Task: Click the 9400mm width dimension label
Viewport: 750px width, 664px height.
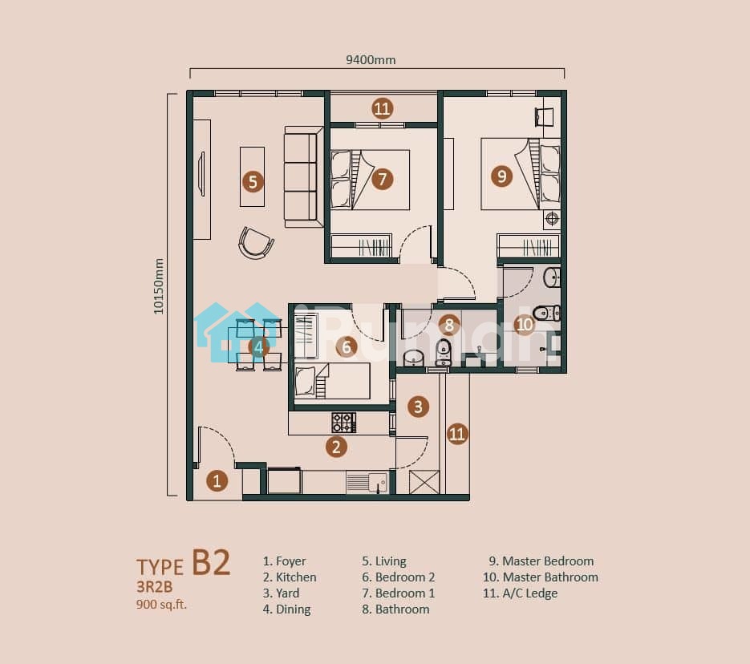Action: (x=371, y=60)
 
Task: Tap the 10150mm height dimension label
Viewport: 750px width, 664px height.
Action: (x=158, y=286)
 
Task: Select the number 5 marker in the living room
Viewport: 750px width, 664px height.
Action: (x=253, y=182)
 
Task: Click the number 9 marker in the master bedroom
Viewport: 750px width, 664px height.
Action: (x=501, y=176)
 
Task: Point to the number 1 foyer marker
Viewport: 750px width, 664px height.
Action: (x=217, y=481)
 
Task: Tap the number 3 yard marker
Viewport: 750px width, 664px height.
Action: (x=418, y=407)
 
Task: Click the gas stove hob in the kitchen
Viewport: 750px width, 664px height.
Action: (x=343, y=423)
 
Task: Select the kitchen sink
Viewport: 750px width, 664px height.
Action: (x=367, y=483)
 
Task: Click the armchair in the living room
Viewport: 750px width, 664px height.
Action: (x=256, y=243)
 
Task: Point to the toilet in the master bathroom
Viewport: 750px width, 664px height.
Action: (x=547, y=314)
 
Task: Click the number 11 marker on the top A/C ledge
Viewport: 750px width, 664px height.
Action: (x=382, y=108)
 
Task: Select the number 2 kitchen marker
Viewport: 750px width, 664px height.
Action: (x=336, y=447)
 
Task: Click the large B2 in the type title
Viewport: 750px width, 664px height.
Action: (x=211, y=562)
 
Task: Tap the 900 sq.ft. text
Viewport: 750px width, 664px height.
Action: (x=161, y=605)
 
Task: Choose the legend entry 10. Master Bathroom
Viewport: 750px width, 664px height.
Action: (x=541, y=577)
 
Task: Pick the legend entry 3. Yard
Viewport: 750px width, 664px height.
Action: (x=282, y=593)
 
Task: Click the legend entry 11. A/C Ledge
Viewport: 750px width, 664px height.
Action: (x=521, y=593)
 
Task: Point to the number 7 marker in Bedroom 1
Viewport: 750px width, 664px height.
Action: (x=382, y=179)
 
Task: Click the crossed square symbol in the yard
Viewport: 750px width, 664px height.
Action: (x=424, y=482)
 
